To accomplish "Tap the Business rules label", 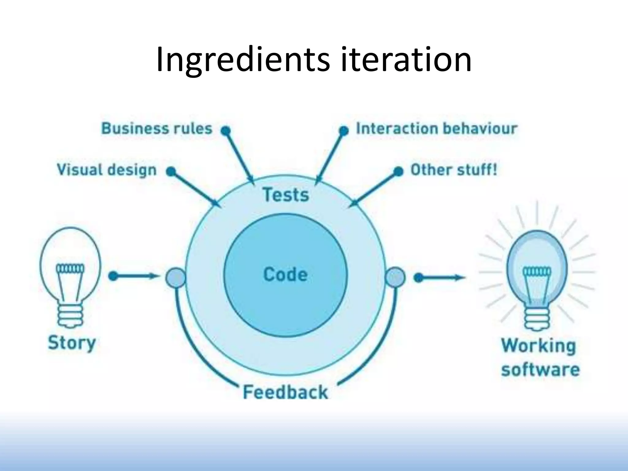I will [x=156, y=128].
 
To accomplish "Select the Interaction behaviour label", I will [x=436, y=128].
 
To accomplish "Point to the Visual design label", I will [x=107, y=170].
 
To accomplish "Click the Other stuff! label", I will [x=453, y=170].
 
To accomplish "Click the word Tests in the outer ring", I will [x=285, y=195].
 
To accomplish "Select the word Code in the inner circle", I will [x=285, y=274].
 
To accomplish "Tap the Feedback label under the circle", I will [x=285, y=392].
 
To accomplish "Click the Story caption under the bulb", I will [x=71, y=343].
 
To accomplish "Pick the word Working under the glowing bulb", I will [x=538, y=346].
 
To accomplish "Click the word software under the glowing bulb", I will [x=540, y=370].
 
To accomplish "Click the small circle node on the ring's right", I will [x=395, y=277].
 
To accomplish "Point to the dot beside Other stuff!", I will [x=398, y=171].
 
